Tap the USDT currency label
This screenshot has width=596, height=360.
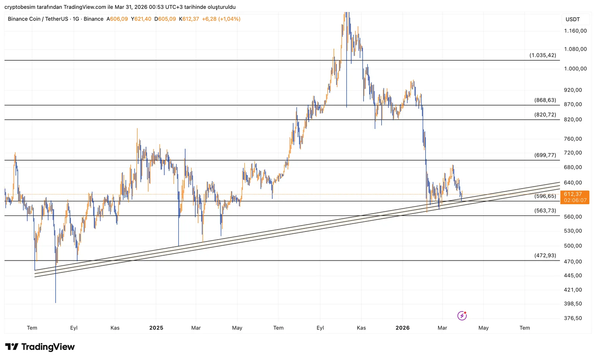point(573,19)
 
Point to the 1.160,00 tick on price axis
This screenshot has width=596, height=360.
point(575,31)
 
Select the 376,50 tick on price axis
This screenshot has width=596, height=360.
point(573,318)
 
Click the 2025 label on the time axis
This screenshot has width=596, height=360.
point(156,328)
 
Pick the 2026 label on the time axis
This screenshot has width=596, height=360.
point(402,328)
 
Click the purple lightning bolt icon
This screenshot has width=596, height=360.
point(462,316)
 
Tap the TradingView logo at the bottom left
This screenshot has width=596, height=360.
point(40,347)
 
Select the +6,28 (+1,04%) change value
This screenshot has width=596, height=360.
point(221,19)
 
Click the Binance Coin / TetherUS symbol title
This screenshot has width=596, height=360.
point(38,19)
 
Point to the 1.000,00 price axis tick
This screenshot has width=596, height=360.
point(575,69)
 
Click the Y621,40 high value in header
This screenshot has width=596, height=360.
point(141,19)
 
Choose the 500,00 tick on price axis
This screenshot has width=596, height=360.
point(573,246)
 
